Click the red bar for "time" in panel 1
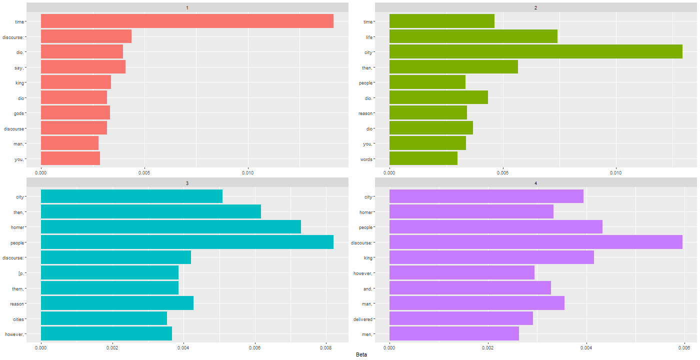click(187, 21)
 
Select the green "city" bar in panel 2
click(535, 51)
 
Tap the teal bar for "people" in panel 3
click(187, 242)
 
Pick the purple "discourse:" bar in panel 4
click(535, 242)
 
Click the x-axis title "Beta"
click(361, 354)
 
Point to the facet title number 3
click(187, 183)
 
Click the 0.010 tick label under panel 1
click(248, 172)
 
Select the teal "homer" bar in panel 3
click(170, 227)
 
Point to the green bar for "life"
click(473, 36)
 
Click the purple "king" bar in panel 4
click(491, 257)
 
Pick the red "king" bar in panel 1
click(75, 82)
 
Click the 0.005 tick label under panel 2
click(503, 172)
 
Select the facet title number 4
click(535, 183)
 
